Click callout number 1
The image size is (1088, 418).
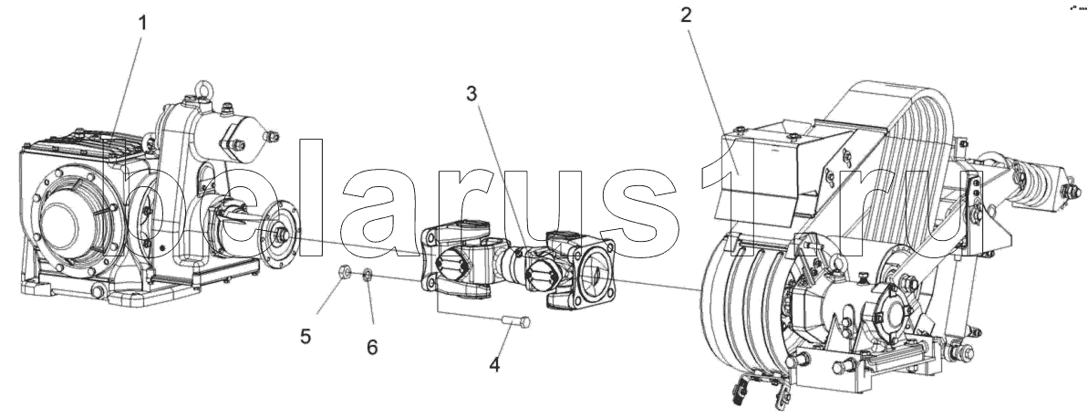(142, 23)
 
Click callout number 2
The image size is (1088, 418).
(686, 15)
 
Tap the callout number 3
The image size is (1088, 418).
(471, 93)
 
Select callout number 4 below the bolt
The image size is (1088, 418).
(494, 364)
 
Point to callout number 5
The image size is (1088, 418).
(306, 337)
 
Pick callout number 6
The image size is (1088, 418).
(372, 347)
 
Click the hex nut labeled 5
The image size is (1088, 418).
(345, 271)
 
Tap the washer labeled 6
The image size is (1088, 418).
(367, 276)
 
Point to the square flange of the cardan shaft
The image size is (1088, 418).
(588, 270)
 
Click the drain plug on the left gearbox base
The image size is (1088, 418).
(98, 294)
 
